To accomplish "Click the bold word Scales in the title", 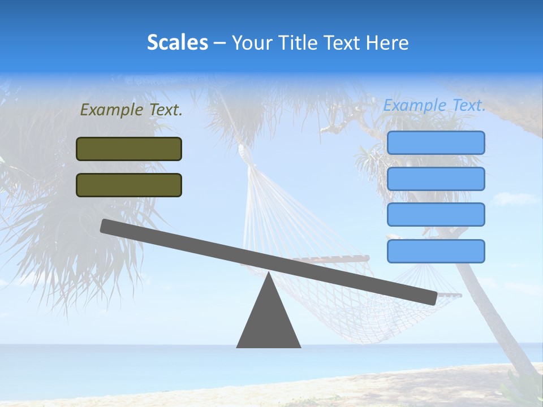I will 177,42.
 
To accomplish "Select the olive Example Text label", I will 131,110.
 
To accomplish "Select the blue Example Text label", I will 434,105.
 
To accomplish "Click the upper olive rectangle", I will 129,149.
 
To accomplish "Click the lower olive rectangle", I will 129,185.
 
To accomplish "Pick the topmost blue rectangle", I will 436,142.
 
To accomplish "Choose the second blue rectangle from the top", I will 436,179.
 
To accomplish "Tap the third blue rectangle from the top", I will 436,215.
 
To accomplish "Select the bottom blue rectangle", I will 436,251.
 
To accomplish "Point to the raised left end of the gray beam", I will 105,226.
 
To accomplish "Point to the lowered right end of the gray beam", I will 432,298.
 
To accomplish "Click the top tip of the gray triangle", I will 269,275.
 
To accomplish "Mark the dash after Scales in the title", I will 219,43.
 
